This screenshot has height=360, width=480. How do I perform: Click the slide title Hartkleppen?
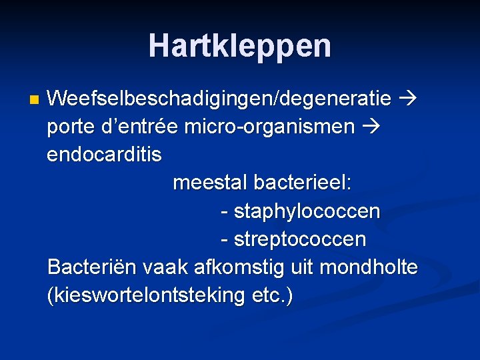(239, 46)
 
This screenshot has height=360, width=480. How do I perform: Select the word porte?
(71, 127)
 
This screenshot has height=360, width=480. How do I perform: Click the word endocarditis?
(104, 155)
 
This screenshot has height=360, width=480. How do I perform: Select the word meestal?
(209, 182)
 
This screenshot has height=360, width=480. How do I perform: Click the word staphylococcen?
(307, 212)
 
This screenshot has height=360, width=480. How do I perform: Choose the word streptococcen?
(299, 239)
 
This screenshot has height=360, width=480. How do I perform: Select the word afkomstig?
(240, 267)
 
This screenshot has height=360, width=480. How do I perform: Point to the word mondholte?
(369, 267)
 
